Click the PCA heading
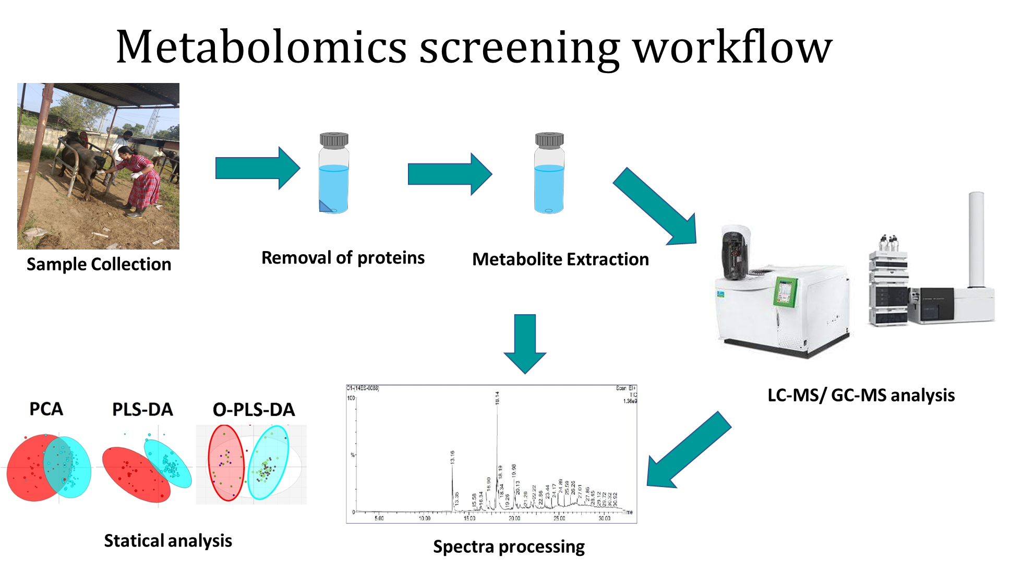46,409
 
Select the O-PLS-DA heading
254,409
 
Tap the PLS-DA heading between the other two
142,409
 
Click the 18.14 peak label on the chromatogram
497,398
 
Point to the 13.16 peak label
452,457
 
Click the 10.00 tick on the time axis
425,518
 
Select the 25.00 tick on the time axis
559,518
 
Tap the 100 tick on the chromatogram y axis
351,398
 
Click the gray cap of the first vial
334,139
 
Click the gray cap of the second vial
549,139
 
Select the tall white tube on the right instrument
976,240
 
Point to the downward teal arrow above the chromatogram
525,342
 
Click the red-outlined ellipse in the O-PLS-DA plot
226,462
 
